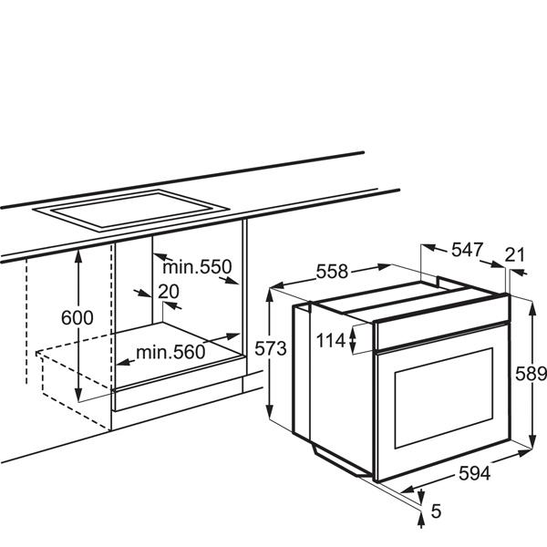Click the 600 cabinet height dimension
click(x=77, y=317)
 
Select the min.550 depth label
click(x=197, y=267)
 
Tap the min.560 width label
click(x=170, y=352)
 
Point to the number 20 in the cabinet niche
click(x=169, y=292)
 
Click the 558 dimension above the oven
click(x=332, y=271)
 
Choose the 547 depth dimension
click(x=467, y=250)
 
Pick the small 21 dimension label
click(x=515, y=255)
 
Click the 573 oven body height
click(x=271, y=348)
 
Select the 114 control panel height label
click(x=331, y=340)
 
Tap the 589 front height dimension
click(x=531, y=374)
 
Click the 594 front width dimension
click(x=474, y=473)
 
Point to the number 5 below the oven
click(x=436, y=511)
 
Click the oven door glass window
click(x=444, y=398)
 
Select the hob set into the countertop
click(x=130, y=209)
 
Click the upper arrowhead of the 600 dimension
click(x=78, y=255)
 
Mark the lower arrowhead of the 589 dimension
click(x=532, y=440)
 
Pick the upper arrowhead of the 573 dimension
click(x=270, y=295)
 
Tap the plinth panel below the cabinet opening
click(x=177, y=394)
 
